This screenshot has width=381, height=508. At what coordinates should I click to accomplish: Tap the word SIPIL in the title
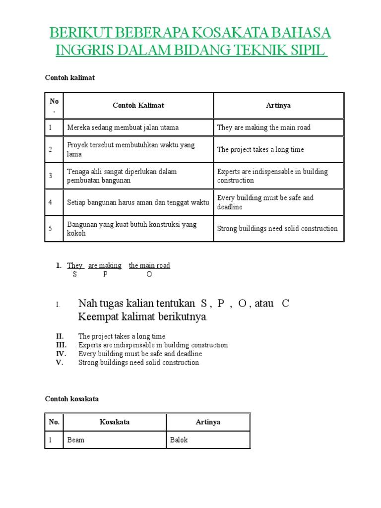click(x=305, y=51)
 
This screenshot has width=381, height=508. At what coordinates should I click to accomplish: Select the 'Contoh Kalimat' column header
click(x=138, y=106)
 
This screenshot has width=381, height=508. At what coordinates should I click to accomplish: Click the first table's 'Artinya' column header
click(x=278, y=106)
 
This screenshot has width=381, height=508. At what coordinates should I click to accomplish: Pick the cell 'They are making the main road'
click(x=264, y=127)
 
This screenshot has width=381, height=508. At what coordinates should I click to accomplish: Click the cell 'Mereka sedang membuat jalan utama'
click(x=123, y=127)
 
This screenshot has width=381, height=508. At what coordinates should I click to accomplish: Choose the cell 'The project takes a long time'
click(x=260, y=149)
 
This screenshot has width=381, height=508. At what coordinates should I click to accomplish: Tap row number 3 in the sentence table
click(x=50, y=176)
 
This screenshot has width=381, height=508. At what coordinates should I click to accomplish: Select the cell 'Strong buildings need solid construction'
click(x=277, y=229)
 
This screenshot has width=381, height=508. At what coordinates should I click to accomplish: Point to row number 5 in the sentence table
click(x=50, y=229)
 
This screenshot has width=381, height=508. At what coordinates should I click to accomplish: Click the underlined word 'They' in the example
click(x=75, y=265)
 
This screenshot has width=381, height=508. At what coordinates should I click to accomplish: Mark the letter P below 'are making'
click(x=105, y=274)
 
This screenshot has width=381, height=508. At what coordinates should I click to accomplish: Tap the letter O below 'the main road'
click(x=149, y=274)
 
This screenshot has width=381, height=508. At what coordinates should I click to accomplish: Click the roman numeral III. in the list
click(x=61, y=345)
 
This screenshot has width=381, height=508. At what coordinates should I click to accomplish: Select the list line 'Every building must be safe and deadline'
click(x=140, y=354)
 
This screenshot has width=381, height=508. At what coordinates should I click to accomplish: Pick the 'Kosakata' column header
click(x=115, y=422)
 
